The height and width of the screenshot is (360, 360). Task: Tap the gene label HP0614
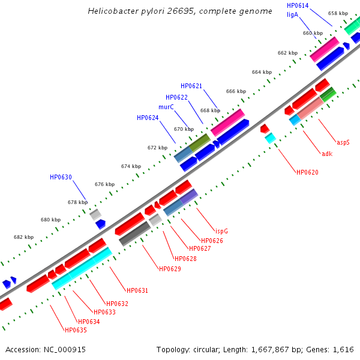coord(298,5)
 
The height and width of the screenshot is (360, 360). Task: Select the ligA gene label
coord(292,14)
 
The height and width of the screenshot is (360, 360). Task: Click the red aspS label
coord(343,143)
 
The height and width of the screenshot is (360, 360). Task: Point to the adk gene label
coord(327,154)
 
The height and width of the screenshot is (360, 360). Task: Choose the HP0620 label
coord(307,172)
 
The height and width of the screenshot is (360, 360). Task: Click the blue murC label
coord(166,107)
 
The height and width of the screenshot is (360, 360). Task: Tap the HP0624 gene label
coord(148,118)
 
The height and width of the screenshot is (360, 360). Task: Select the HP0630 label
coord(61,177)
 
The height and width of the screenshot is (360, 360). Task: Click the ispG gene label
coord(221,230)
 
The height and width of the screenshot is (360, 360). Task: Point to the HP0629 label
coord(170,269)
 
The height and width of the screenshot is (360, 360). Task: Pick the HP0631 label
coord(137,290)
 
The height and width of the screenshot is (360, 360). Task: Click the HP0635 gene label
coord(76,329)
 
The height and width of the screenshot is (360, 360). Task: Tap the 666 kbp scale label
coord(236,91)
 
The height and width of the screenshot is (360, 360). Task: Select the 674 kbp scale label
coord(131,166)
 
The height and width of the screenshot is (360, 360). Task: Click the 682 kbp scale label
coord(24,237)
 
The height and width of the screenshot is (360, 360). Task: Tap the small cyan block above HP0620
coord(271,138)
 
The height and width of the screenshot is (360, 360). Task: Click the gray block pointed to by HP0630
coord(95,214)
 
